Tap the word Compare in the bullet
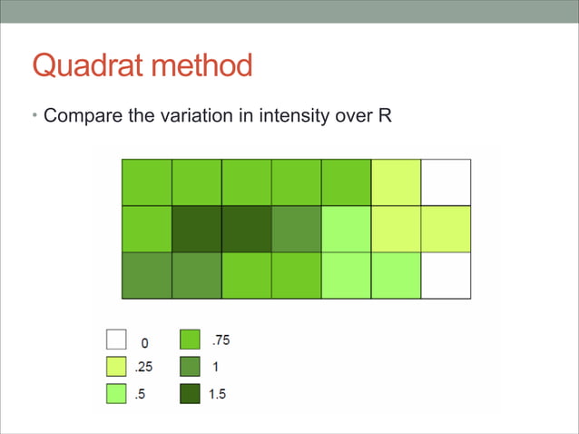[83, 116]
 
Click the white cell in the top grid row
[446, 182]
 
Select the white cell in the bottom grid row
[446, 275]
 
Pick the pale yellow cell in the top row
[396, 182]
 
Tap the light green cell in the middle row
[346, 229]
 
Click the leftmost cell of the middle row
[146, 229]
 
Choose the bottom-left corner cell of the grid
[146, 275]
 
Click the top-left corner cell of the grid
[146, 182]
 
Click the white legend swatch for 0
[115, 340]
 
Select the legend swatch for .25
[115, 368]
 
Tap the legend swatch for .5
[115, 395]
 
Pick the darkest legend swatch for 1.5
[190, 395]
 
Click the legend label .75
[220, 340]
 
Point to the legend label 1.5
[218, 396]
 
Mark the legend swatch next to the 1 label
[190, 368]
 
